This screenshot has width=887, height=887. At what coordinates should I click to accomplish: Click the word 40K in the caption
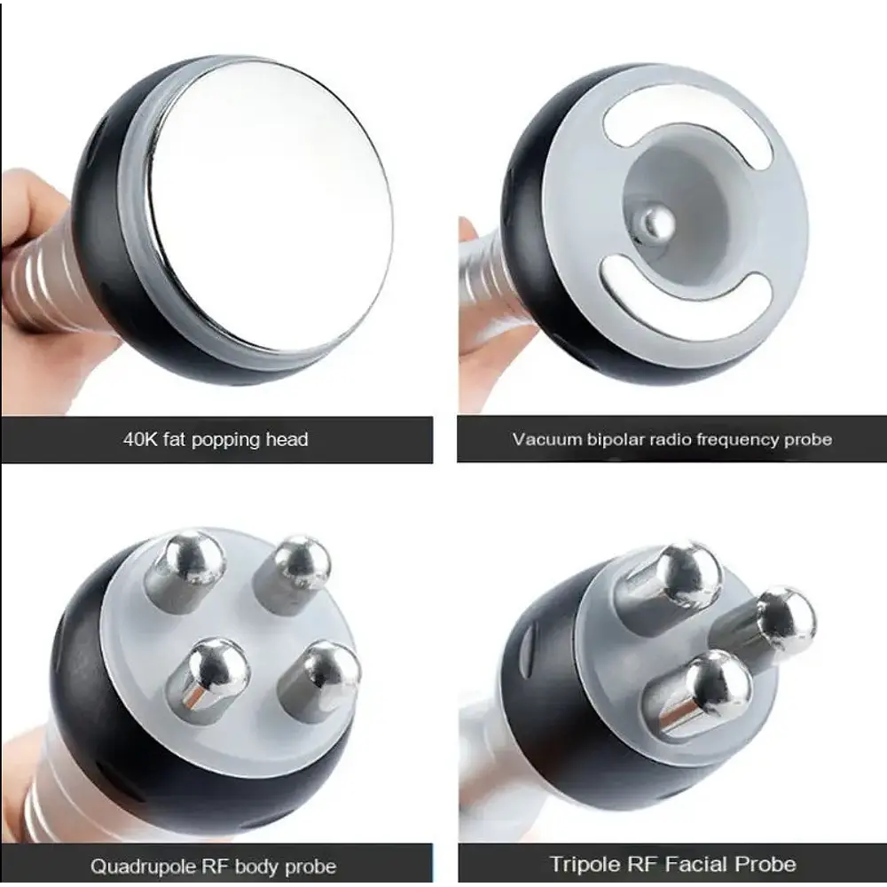coord(140,440)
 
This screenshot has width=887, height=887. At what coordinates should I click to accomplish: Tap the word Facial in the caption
coord(695,864)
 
